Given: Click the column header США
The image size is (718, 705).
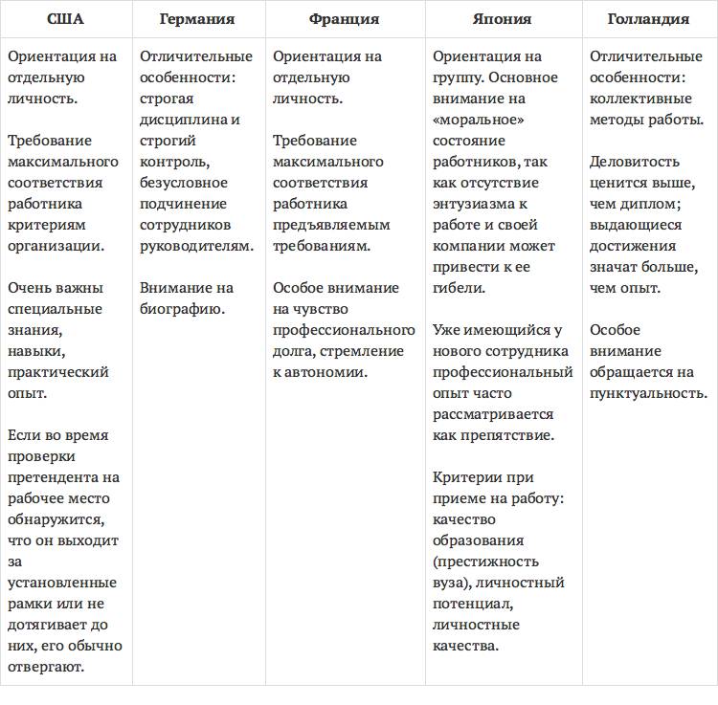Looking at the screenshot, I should point(65,19).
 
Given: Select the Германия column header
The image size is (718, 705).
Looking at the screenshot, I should point(198,19).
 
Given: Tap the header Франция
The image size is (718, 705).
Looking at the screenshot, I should point(345,19).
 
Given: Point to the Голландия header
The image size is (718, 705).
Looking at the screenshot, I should point(648,19).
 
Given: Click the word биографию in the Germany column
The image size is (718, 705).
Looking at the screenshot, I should point(182,309).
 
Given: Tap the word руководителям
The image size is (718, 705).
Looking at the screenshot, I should point(196,246).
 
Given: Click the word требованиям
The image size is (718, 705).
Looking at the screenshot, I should point(321,246).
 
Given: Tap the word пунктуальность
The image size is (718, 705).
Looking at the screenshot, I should point(648,393).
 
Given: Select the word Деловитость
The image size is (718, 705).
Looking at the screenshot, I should point(635,162).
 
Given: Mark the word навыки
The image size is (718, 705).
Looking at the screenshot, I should point(32,351).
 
